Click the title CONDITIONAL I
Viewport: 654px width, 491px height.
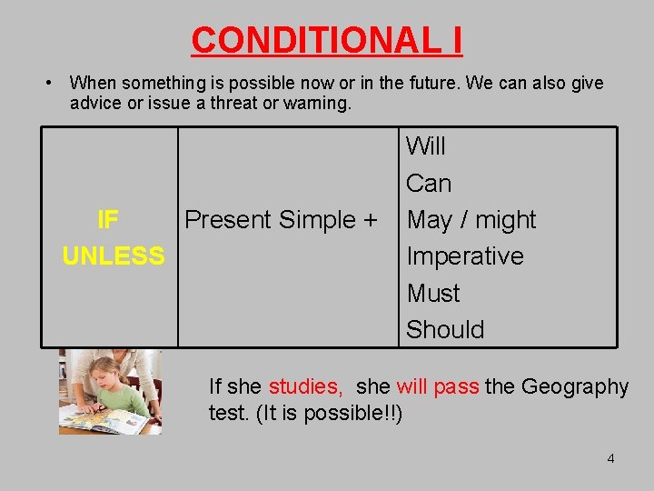point(327,40)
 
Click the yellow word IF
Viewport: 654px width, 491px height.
point(108,220)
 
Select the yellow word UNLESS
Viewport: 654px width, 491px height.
point(114,256)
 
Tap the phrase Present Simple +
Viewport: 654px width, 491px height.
point(281,220)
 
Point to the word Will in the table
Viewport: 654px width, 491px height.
point(426,145)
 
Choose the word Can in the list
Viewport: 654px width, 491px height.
point(429,184)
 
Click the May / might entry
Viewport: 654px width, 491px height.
point(471,220)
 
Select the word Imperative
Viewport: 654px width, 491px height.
point(465,256)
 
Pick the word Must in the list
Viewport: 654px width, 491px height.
point(433,294)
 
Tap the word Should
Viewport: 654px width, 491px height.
point(445,330)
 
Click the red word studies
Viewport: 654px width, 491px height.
point(305,387)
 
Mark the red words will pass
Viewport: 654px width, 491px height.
point(438,387)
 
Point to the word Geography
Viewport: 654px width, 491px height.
point(574,387)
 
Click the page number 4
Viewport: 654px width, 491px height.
point(610,458)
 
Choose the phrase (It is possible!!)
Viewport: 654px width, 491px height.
point(331,414)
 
